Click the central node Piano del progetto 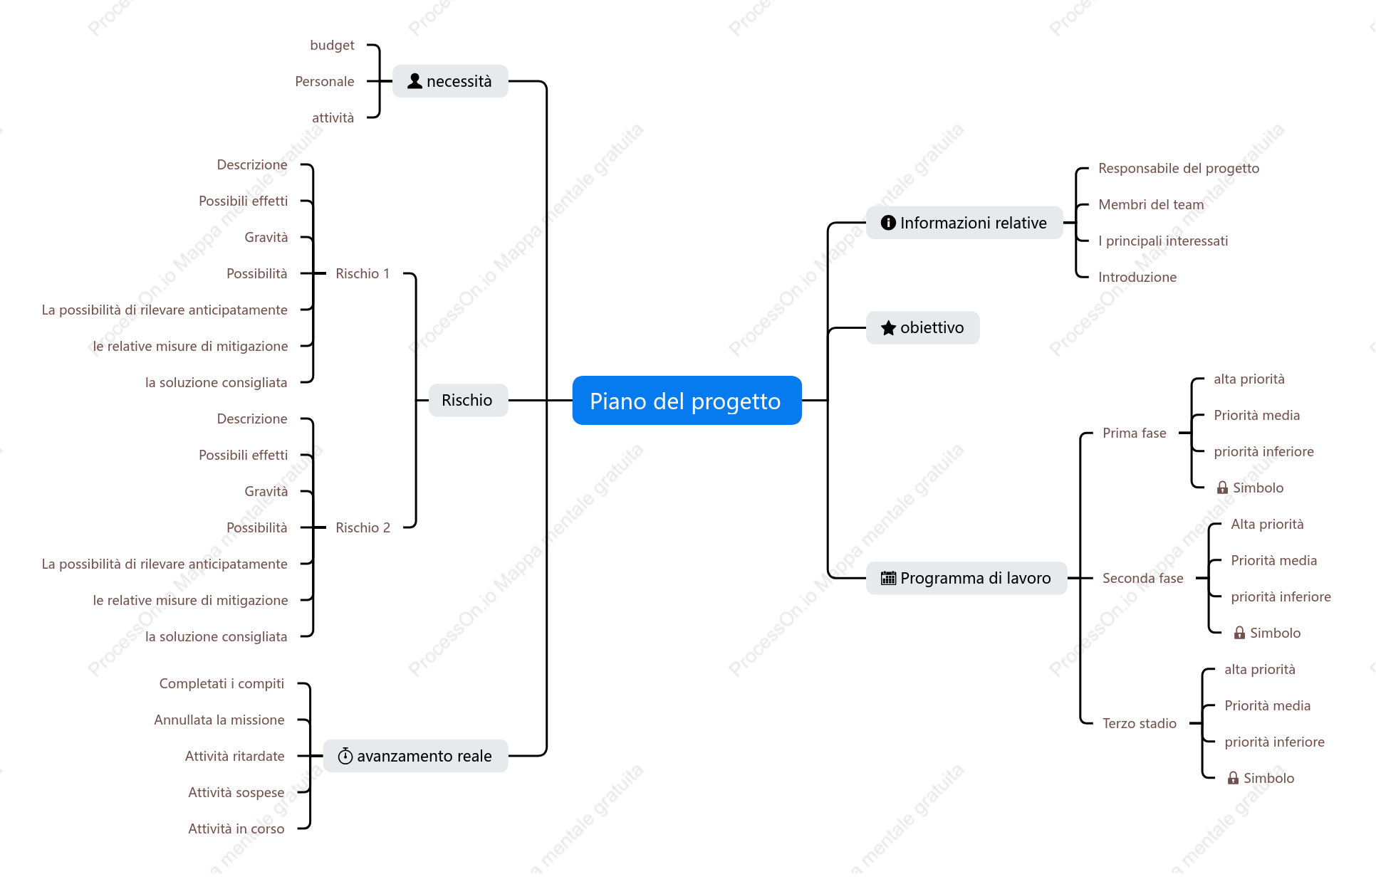pos(687,401)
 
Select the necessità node pos(450,81)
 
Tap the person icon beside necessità pos(415,81)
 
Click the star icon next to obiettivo pos(888,327)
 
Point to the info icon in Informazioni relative pos(888,223)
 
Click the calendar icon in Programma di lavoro pos(888,578)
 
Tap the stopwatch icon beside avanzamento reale pos(345,756)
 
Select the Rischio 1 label pos(363,273)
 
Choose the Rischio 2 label pos(363,527)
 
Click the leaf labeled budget pos(332,45)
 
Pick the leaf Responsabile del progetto pos(1179,168)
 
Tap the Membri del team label pos(1151,204)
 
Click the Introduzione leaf pos(1137,277)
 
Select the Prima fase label pos(1135,433)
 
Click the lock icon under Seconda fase pos(1240,633)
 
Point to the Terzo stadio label pos(1140,723)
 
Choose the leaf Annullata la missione pos(219,720)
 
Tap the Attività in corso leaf pos(236,828)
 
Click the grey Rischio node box pos(468,400)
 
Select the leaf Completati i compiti pos(221,683)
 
